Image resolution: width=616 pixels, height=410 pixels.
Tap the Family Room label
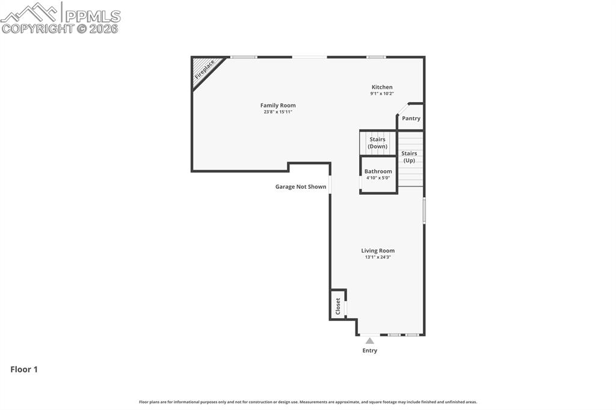point(278,105)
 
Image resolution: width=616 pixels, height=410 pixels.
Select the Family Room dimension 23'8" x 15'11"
point(278,112)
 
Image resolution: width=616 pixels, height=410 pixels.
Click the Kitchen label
point(382,87)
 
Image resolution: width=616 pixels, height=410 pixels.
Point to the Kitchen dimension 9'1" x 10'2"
point(382,94)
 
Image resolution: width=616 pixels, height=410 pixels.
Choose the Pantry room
point(411,118)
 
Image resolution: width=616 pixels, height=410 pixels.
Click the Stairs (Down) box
point(378,143)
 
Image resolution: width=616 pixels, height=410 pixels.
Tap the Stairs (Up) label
point(409,157)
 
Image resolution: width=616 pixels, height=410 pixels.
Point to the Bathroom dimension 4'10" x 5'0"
point(378,178)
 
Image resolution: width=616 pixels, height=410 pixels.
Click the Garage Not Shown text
point(301,187)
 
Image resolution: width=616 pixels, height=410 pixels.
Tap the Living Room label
point(378,251)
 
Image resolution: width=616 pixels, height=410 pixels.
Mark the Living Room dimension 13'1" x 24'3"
point(378,257)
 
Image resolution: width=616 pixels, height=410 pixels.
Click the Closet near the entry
point(337,305)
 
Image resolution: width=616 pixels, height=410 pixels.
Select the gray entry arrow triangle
point(370,341)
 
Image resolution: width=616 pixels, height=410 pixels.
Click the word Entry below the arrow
point(370,350)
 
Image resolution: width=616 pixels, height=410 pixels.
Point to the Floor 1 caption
point(24,370)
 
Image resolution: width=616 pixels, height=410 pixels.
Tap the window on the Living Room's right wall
point(424,211)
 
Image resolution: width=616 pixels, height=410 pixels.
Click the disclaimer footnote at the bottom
point(308,402)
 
